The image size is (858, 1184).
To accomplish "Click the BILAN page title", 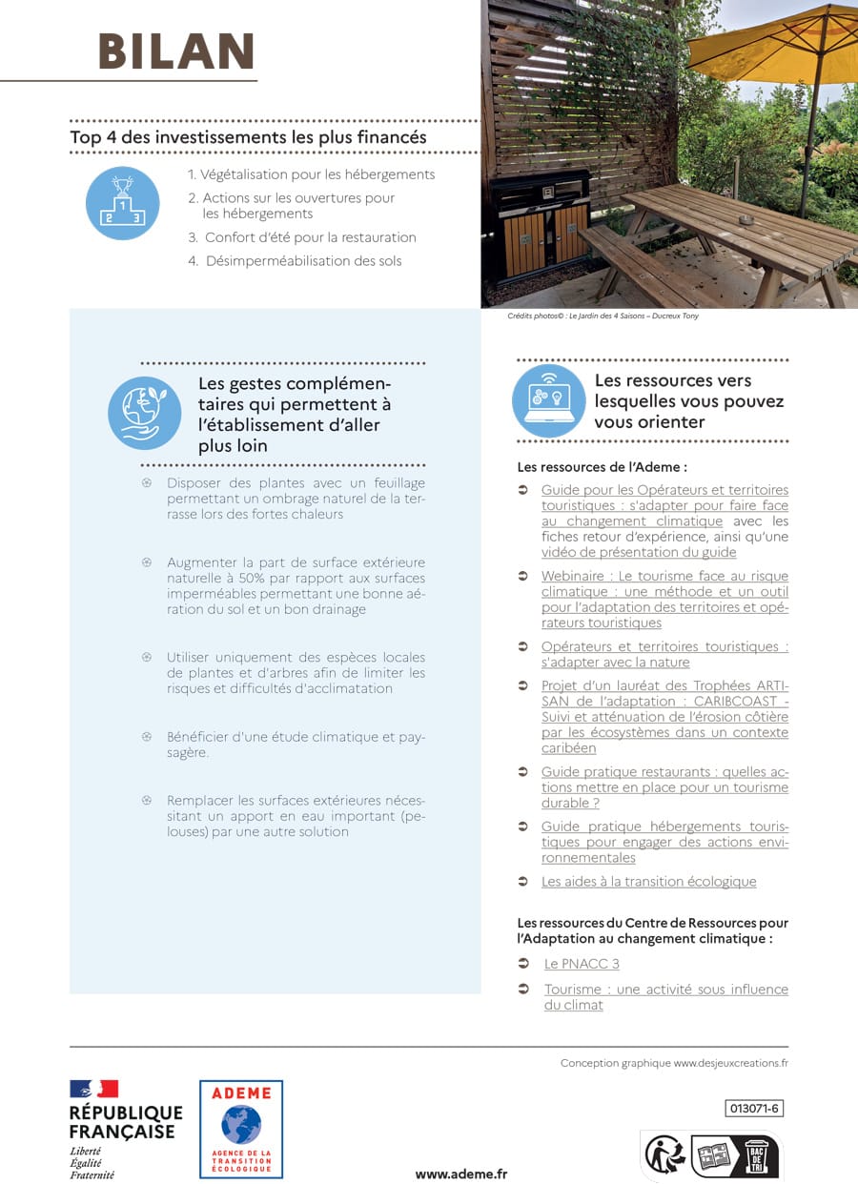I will click(176, 51).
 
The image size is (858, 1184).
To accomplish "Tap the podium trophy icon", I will click(122, 203).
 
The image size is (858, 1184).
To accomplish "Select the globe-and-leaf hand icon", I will click(144, 412).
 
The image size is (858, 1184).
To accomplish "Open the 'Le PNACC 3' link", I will click(582, 964).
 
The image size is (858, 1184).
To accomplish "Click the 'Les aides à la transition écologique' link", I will click(648, 882).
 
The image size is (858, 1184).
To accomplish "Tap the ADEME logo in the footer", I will click(241, 1129).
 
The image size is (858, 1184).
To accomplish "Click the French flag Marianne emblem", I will click(93, 1089).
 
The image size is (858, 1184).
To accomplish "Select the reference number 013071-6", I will click(754, 1108).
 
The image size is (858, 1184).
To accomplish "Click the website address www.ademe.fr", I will click(461, 1174).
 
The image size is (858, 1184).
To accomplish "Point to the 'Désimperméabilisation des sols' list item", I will click(303, 261).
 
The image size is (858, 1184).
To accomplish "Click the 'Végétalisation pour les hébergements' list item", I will click(311, 174).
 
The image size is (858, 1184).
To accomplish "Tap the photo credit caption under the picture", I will click(603, 316).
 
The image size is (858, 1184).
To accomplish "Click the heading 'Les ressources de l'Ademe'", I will click(602, 467).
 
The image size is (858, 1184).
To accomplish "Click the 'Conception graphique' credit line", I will click(674, 1063).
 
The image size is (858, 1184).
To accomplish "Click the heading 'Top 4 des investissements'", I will click(248, 137).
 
